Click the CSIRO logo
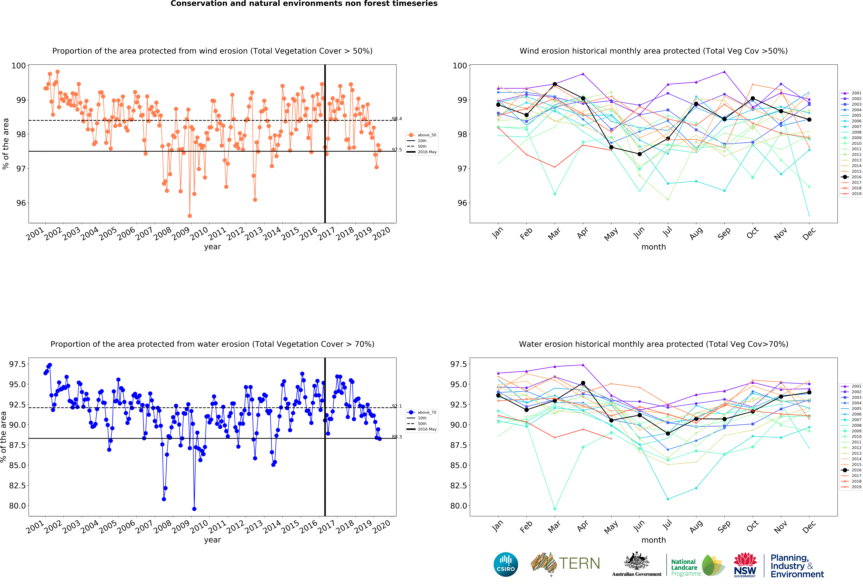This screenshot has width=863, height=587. (506, 564)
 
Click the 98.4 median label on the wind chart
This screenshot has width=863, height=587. (397, 119)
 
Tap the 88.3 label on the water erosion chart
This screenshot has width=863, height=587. (397, 437)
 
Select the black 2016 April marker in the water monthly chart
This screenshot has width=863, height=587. (583, 383)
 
